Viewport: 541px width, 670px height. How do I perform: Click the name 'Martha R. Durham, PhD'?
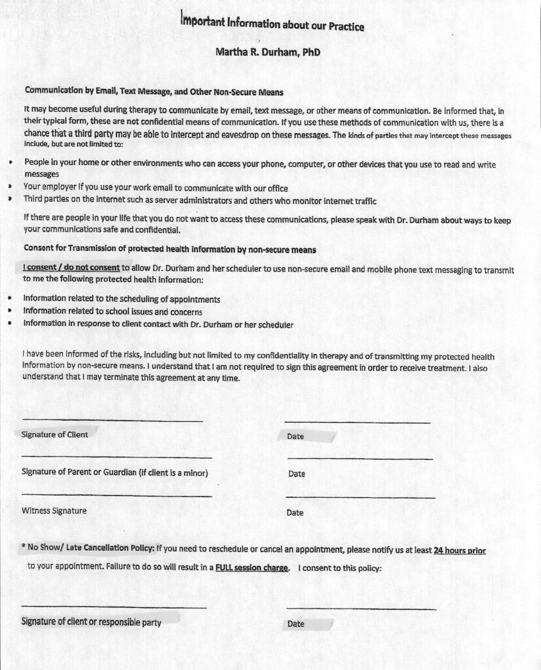click(x=268, y=52)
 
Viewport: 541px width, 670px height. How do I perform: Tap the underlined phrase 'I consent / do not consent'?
click(x=71, y=268)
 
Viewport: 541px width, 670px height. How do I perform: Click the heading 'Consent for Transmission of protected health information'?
click(x=170, y=249)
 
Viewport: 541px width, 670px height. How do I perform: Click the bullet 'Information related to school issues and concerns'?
click(x=113, y=311)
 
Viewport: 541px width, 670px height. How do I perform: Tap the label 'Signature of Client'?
click(x=55, y=434)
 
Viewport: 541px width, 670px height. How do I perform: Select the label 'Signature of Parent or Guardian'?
click(x=115, y=472)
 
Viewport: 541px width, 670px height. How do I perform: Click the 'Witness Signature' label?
click(x=54, y=510)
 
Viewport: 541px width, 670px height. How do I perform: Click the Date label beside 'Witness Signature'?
click(x=295, y=512)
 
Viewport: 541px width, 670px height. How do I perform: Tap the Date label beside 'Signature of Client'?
click(x=295, y=436)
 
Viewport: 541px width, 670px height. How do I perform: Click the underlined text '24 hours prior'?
click(x=460, y=551)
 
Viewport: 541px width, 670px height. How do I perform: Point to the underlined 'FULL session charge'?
click(x=252, y=568)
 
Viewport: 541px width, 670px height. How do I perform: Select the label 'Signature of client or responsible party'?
click(x=92, y=622)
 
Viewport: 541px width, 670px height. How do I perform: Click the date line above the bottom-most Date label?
click(x=361, y=609)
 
